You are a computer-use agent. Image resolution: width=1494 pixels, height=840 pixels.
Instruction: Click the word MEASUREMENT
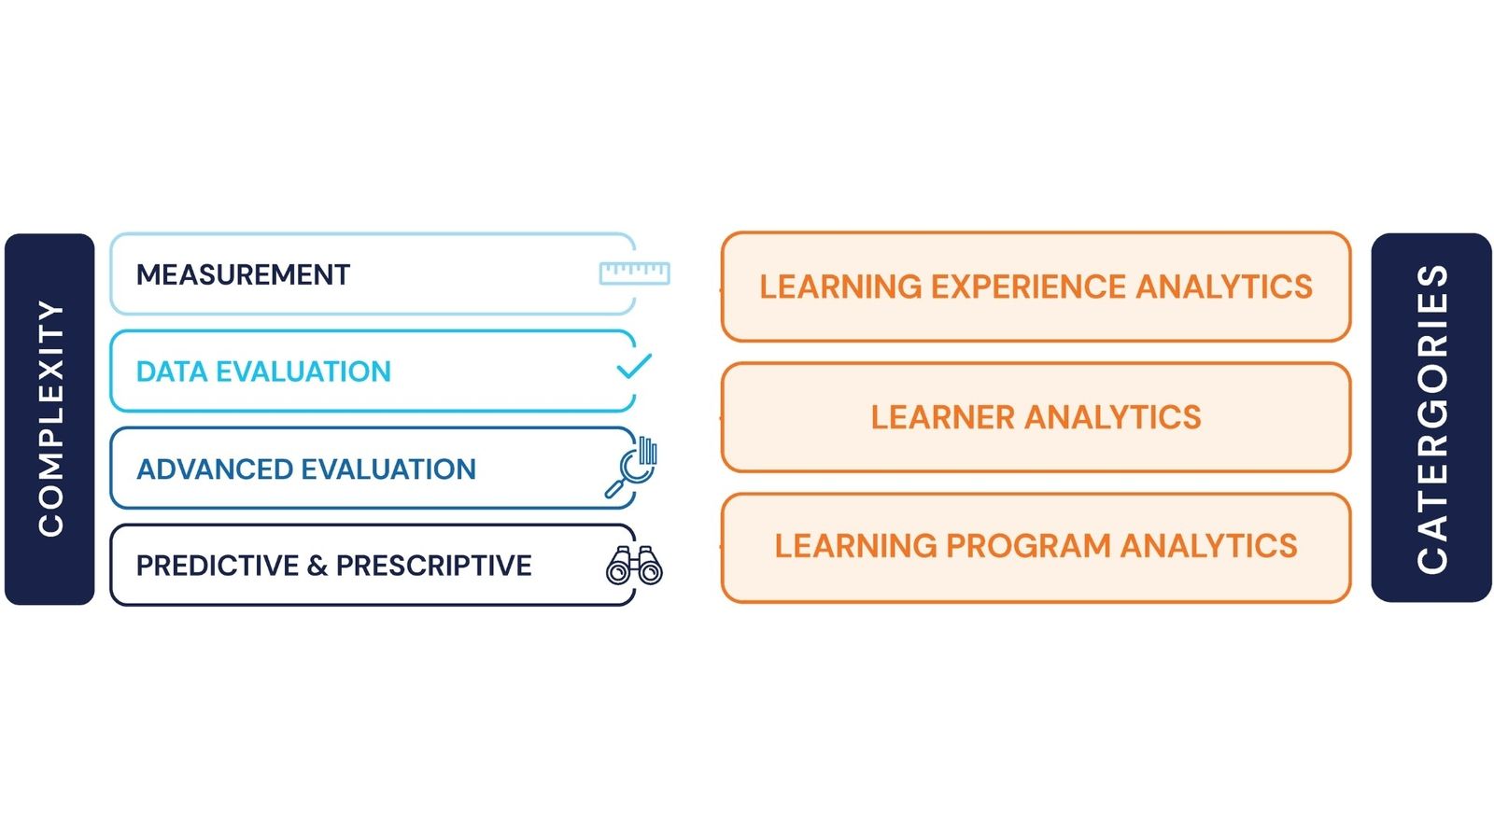click(x=243, y=274)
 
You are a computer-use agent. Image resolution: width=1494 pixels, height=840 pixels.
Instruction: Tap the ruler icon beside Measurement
click(x=634, y=273)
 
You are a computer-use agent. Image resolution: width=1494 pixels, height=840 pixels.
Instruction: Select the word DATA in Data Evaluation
click(x=172, y=371)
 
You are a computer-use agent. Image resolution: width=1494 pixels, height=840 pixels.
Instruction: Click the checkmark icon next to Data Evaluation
click(x=634, y=366)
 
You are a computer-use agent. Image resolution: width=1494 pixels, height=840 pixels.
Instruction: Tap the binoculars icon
click(x=634, y=566)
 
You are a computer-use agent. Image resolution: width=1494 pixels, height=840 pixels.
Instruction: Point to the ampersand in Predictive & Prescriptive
click(x=317, y=566)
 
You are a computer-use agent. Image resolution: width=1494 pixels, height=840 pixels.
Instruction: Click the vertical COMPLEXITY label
click(x=50, y=418)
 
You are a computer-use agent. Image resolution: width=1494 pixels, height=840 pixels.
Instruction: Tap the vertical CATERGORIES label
click(x=1431, y=418)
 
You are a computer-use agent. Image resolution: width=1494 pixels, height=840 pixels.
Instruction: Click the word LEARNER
click(x=941, y=417)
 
